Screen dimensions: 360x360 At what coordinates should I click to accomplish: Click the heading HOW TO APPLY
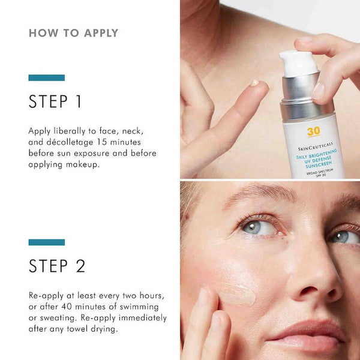[73, 33]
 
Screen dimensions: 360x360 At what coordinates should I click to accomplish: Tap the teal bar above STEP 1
[47, 78]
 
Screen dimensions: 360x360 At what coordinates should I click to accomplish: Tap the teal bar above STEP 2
[47, 242]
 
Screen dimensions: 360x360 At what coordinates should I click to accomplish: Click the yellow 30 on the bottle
[314, 131]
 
